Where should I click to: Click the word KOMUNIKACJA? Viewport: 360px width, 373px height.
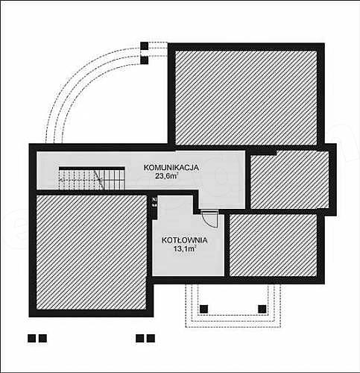coord(171,167)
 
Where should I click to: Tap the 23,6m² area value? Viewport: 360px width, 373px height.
coord(166,176)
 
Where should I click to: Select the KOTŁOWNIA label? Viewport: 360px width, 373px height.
coord(184,240)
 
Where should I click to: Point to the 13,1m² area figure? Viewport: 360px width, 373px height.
coord(184,248)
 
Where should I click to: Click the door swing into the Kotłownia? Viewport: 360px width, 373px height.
coord(210,219)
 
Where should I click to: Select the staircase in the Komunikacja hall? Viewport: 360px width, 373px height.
coord(92,178)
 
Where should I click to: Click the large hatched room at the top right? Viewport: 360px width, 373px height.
coord(246,98)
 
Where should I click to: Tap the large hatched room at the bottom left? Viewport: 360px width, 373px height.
coord(92,252)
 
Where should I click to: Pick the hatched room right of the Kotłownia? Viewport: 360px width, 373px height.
coord(273,245)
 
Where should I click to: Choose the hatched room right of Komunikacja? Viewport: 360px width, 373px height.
coord(290,180)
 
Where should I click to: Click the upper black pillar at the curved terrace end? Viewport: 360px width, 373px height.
coord(145,46)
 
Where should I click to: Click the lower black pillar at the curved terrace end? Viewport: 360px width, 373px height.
coord(145,60)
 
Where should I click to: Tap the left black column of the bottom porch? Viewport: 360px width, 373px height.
coord(204,309)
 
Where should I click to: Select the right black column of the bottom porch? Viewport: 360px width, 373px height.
coord(262,309)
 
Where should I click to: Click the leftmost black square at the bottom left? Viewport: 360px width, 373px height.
coord(31,339)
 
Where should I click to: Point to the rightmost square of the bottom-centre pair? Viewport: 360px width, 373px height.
coord(151,339)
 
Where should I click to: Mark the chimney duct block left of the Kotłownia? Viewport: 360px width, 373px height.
coord(154,202)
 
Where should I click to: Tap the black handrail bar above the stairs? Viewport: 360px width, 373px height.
coord(92,169)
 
